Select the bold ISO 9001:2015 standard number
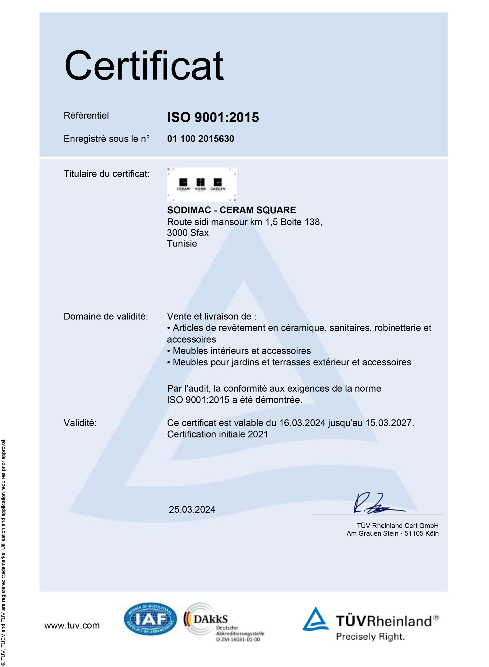click(x=213, y=117)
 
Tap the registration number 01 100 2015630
click(x=200, y=139)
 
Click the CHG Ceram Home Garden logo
click(x=202, y=184)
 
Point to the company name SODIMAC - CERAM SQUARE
click(x=231, y=210)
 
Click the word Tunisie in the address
click(x=182, y=244)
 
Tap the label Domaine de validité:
click(x=106, y=317)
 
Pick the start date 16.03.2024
click(x=302, y=423)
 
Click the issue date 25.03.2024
click(x=192, y=509)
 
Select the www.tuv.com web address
click(x=72, y=625)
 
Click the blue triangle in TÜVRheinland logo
click(x=315, y=619)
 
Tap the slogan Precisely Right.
click(x=370, y=637)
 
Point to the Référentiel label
click(x=86, y=116)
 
